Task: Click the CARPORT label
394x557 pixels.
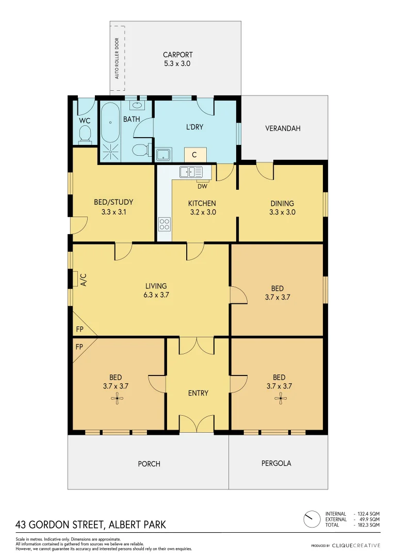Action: point(177,55)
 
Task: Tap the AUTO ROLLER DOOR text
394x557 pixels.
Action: point(117,58)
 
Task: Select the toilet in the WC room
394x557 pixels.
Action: point(85,135)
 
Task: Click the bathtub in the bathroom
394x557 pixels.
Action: point(110,123)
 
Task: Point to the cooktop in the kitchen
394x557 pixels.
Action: point(165,224)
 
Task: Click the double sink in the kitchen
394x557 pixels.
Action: point(191,172)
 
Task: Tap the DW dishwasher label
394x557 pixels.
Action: point(202,187)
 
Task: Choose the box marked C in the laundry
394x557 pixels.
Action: point(195,154)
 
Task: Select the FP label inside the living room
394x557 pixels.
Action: point(79,329)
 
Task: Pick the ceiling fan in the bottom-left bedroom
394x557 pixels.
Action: point(118,397)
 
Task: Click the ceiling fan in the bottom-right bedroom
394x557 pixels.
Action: point(281,397)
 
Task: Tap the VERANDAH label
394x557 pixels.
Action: point(283,128)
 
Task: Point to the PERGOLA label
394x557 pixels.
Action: point(276,463)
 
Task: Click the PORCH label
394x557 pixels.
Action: point(149,464)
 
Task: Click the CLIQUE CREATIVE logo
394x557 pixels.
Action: point(356,545)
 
